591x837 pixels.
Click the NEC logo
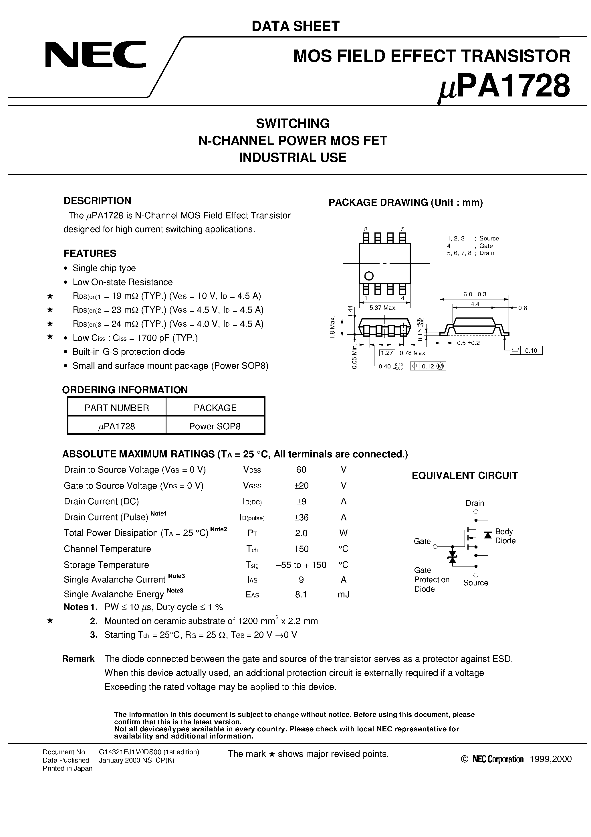click(96, 55)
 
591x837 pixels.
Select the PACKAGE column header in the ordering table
click(215, 408)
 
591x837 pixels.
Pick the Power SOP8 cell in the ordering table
click(215, 426)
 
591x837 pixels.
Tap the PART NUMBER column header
click(117, 408)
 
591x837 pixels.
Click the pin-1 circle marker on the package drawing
click(369, 276)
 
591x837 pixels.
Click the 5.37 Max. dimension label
click(382, 308)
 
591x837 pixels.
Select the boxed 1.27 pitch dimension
click(386, 352)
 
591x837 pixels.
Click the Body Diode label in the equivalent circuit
click(505, 536)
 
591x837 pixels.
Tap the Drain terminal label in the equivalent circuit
click(475, 503)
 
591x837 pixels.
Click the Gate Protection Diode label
click(431, 579)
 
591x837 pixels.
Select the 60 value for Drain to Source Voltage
click(301, 469)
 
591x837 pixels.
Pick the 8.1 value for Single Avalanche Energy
click(301, 594)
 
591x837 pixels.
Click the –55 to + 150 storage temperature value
click(301, 565)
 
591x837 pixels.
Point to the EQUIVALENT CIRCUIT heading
click(465, 475)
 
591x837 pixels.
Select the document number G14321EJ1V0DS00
click(149, 752)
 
